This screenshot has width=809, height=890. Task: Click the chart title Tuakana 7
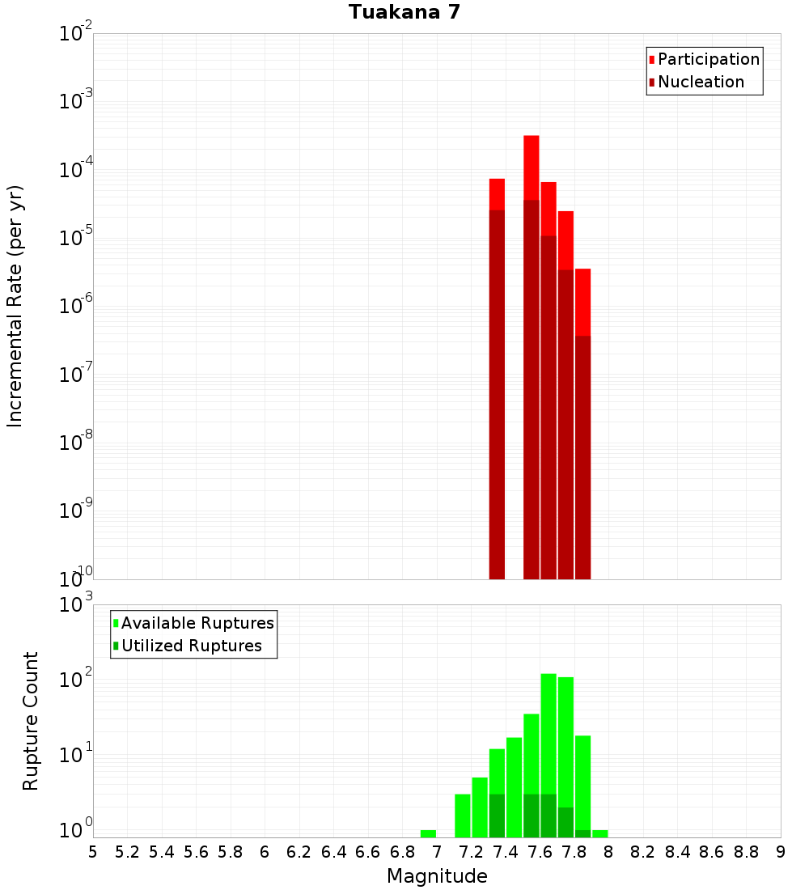(404, 13)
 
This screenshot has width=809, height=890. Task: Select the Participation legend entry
(708, 59)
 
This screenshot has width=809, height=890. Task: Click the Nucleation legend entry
(700, 82)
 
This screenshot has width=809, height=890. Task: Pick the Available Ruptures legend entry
(197, 623)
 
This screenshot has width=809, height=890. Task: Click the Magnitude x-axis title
(437, 876)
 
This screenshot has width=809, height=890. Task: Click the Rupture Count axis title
(31, 720)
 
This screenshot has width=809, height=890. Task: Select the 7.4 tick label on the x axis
(506, 852)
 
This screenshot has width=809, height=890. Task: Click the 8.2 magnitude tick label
(643, 852)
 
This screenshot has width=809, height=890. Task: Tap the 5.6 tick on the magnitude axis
(196, 852)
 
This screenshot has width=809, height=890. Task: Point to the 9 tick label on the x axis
(781, 852)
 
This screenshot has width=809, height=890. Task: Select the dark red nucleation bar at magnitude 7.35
(498, 388)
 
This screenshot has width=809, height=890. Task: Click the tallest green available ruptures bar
(549, 728)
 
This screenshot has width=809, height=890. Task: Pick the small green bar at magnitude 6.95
(429, 833)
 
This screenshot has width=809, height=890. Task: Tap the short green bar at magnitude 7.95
(600, 833)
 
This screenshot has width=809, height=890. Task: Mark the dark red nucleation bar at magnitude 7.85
(583, 453)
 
